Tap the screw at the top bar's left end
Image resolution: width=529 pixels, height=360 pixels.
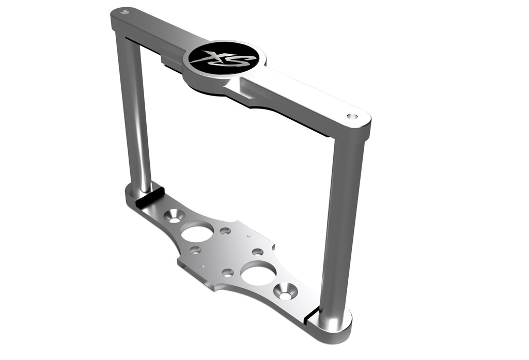click(124, 11)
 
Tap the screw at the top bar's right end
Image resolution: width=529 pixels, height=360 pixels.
click(352, 117)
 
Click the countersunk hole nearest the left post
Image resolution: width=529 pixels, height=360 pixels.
click(175, 215)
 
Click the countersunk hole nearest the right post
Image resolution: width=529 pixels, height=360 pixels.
click(285, 292)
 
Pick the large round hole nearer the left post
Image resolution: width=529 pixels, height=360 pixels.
click(197, 232)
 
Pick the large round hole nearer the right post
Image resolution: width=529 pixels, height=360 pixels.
click(258, 273)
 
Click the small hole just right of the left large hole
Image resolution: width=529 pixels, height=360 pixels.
click(225, 231)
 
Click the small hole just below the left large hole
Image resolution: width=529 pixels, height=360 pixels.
click(195, 250)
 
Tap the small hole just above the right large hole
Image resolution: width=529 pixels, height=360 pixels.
click(257, 252)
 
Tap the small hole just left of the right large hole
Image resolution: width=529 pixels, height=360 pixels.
click(228, 272)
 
